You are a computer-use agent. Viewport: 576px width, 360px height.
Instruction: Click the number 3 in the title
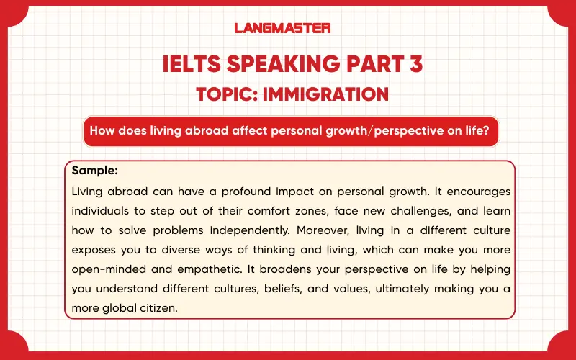click(x=413, y=64)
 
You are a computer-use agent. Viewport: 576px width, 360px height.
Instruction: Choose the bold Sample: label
click(x=95, y=172)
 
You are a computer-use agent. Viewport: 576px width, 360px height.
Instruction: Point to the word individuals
click(x=99, y=212)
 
